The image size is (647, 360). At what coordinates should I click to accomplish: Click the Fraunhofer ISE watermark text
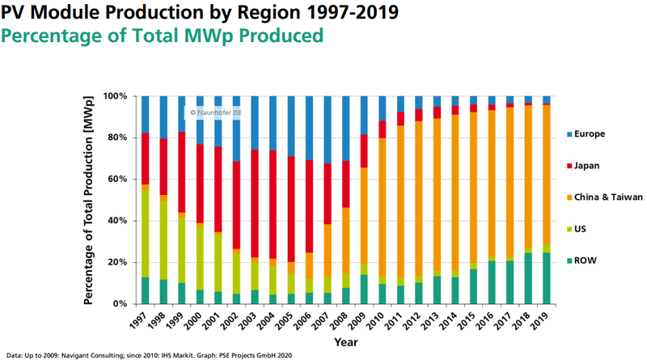(217, 112)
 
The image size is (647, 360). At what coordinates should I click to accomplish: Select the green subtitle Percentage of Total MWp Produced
(164, 36)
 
